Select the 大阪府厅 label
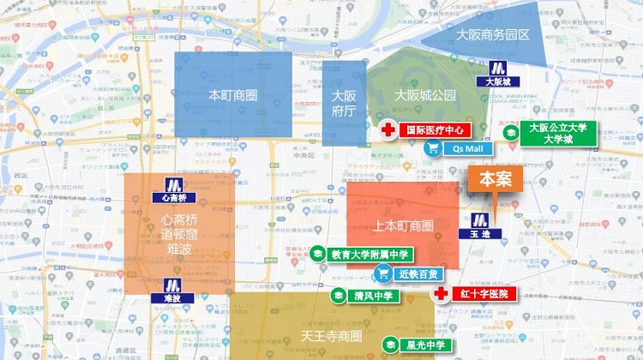click(x=344, y=103)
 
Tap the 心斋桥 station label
click(x=172, y=197)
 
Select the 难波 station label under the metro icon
click(x=172, y=298)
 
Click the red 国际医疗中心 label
click(x=435, y=130)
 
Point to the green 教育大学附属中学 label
click(x=370, y=255)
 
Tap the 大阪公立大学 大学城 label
click(x=557, y=134)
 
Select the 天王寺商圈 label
click(x=331, y=334)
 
